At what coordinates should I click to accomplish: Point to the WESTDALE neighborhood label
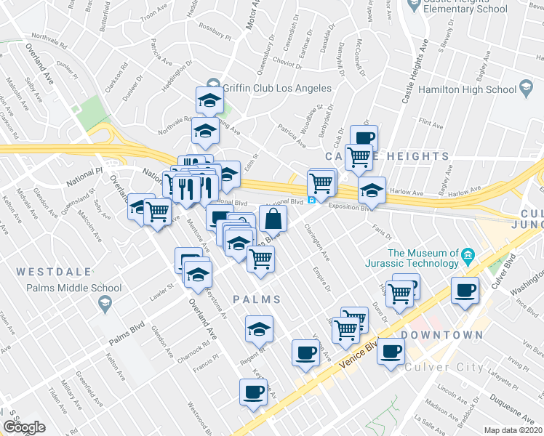coord(54,272)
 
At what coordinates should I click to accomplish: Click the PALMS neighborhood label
coord(257,299)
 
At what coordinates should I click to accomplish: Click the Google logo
coord(24,427)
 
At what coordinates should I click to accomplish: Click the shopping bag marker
coord(273,217)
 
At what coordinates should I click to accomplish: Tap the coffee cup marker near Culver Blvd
coord(465,291)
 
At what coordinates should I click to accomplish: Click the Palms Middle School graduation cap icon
coord(106,304)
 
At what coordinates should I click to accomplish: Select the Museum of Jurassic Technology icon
coord(468,254)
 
